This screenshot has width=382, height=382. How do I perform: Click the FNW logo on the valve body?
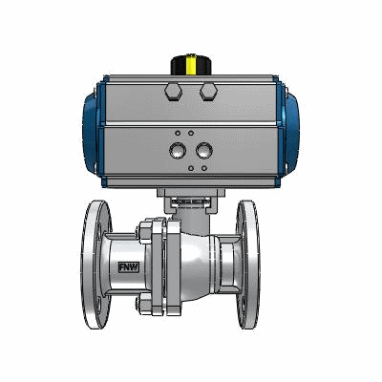(129, 267)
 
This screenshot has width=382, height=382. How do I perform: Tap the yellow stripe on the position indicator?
(191, 66)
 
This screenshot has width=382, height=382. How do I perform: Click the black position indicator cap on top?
(191, 66)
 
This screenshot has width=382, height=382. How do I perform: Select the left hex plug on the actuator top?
(174, 92)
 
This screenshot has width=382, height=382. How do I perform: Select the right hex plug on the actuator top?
(208, 92)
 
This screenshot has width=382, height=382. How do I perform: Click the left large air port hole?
(178, 151)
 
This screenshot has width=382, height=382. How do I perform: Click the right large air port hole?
(204, 151)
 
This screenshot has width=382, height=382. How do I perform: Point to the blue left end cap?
(92, 131)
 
